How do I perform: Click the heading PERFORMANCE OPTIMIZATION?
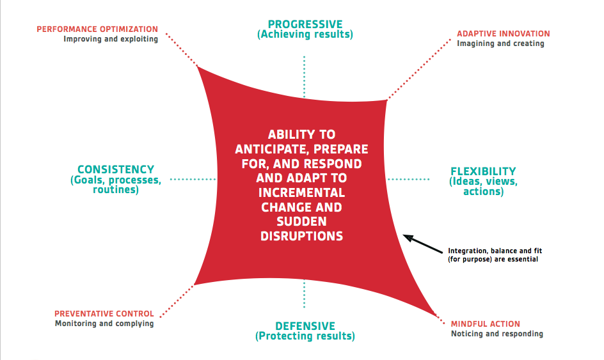pos(97,29)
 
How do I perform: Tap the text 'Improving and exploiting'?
pos(111,39)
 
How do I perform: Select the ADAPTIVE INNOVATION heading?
pos(503,34)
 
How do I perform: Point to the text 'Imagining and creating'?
pos(500,43)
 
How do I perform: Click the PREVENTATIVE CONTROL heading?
pos(104,314)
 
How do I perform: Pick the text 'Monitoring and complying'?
pos(104,324)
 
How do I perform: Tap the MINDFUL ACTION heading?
pos(486,324)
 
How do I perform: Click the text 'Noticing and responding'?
pos(497,334)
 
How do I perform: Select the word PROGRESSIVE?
pos(305,24)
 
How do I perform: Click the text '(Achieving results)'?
pos(305,35)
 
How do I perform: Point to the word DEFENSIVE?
pos(305,326)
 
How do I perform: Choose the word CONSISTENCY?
pos(116,169)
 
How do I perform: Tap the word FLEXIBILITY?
pos(483,171)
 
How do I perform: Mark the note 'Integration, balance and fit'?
pos(495,251)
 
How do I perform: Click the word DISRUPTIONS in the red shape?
pos(301,236)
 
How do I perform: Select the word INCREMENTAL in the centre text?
pos(301,192)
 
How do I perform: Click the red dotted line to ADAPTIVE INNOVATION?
pos(418,69)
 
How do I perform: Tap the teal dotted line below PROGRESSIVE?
pos(305,77)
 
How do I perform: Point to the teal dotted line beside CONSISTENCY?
pos(193,179)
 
